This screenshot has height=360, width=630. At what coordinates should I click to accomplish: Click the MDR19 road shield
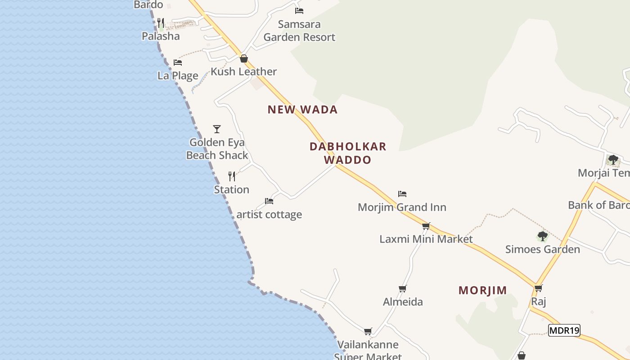(564, 331)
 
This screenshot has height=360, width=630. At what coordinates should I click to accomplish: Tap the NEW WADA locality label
(302, 110)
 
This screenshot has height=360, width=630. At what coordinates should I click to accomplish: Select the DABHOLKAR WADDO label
(348, 153)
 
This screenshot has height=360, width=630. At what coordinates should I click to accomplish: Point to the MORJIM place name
(482, 291)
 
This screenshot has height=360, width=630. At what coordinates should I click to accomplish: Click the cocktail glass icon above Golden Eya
(217, 129)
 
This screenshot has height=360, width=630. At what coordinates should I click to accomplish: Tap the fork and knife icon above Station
(232, 176)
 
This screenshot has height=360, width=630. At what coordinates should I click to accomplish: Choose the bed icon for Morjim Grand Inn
(402, 194)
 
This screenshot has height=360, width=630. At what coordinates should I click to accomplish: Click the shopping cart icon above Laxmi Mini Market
(426, 226)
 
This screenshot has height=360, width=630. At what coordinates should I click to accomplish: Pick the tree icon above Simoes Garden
(542, 236)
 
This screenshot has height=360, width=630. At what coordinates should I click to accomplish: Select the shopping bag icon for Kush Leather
(243, 58)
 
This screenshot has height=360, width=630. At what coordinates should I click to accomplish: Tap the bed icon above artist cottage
(269, 201)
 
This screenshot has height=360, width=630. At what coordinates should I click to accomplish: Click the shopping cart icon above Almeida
(402, 288)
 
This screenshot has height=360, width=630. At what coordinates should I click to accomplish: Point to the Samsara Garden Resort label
(299, 31)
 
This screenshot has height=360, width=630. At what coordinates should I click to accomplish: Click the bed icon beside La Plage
(178, 63)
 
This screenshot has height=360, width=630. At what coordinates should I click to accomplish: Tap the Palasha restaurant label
(161, 36)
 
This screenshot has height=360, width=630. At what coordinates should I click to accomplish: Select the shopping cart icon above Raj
(538, 288)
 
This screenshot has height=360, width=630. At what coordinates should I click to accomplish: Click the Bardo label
(148, 5)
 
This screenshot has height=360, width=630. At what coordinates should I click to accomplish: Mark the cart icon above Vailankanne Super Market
(368, 332)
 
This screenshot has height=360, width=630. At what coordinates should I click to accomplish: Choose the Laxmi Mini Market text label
(426, 239)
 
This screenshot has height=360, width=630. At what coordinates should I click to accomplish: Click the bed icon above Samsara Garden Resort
(299, 10)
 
